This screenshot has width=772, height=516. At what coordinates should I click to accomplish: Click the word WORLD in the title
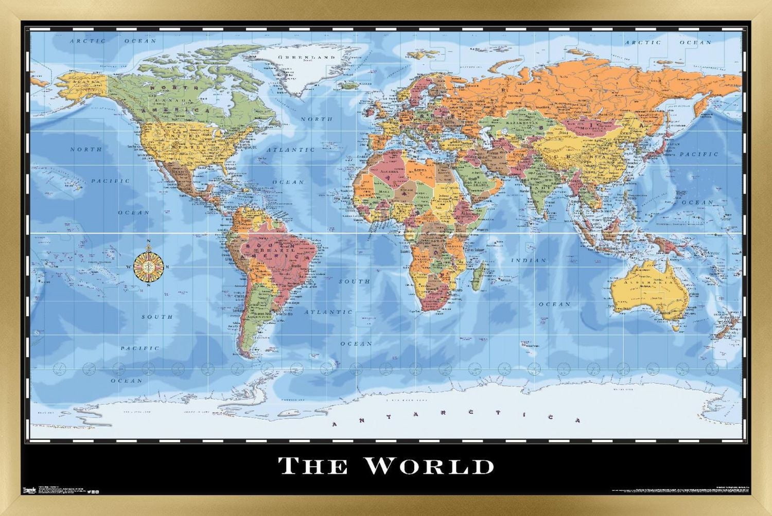429,466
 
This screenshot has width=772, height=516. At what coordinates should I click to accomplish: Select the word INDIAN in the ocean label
529,260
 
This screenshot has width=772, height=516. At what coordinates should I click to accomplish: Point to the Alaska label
82,82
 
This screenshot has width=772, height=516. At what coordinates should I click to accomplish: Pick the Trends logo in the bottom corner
30,490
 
